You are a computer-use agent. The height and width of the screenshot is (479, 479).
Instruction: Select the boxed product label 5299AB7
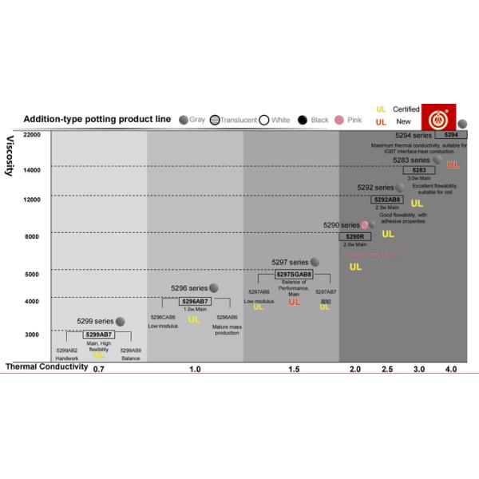pos(100,334)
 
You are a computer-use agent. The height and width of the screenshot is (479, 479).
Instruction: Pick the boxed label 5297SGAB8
pos(294,274)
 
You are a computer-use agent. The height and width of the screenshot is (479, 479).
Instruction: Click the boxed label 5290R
pos(354,236)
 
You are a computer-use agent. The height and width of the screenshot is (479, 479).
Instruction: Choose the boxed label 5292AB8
pos(387,199)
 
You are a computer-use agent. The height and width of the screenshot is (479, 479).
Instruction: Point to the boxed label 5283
pos(418,170)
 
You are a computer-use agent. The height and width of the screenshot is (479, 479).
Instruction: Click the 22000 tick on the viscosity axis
pos(32,134)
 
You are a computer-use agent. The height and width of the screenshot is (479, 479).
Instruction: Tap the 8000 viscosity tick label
pos(32,236)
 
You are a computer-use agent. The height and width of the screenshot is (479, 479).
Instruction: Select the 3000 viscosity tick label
pos(32,335)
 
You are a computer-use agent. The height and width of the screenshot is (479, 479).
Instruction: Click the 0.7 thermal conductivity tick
pos(98,370)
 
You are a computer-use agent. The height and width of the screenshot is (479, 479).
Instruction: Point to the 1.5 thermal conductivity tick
pos(294,370)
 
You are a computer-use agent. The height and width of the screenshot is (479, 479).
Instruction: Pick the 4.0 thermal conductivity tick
pos(451,370)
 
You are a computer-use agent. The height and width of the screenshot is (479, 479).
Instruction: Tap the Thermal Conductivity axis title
pos(46,367)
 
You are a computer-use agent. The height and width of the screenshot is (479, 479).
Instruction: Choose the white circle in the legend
pos(263,120)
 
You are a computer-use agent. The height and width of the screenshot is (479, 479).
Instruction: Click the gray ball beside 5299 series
pos(121,321)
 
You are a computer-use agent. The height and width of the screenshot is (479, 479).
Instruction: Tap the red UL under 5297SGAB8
pos(295,302)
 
